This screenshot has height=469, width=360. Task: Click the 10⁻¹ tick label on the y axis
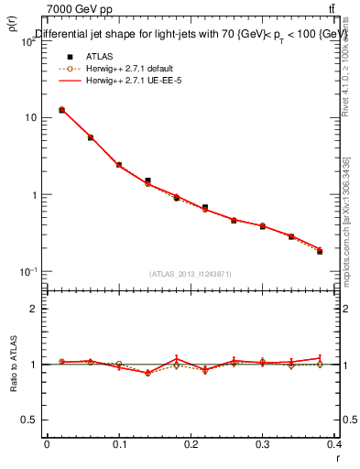(x=27, y=272)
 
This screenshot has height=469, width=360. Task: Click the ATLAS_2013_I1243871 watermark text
(x=191, y=274)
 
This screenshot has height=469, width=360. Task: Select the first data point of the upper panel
(x=61, y=110)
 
